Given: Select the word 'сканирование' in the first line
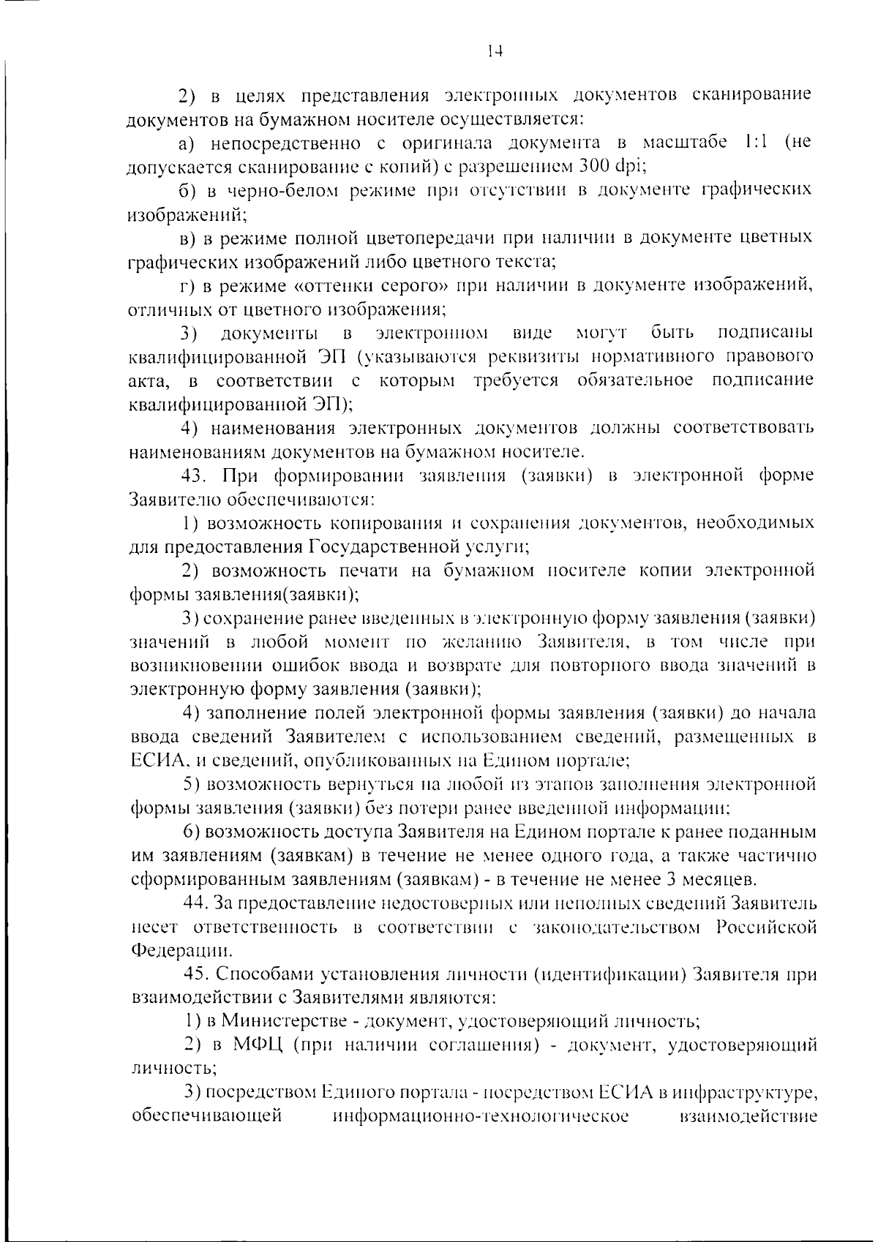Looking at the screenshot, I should coord(751,95).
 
